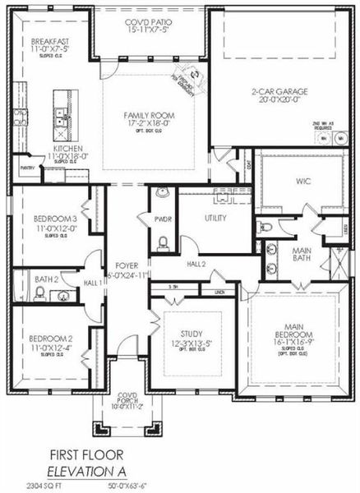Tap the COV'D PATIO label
(x=147, y=23)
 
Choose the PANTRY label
(x=25, y=166)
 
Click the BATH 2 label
(x=45, y=279)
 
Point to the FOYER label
(x=127, y=266)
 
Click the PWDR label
(x=161, y=220)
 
